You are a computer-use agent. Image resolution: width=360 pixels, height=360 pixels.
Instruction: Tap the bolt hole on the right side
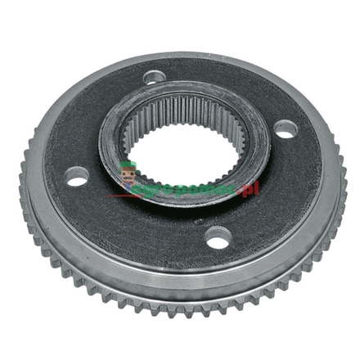286,128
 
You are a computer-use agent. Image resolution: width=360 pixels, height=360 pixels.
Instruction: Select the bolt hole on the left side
78,176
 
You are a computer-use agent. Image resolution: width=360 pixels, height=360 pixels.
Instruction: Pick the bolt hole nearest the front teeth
218,238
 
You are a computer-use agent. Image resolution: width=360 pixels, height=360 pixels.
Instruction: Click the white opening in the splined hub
184,151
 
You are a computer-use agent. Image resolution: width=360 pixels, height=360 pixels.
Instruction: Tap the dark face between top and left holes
98,115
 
